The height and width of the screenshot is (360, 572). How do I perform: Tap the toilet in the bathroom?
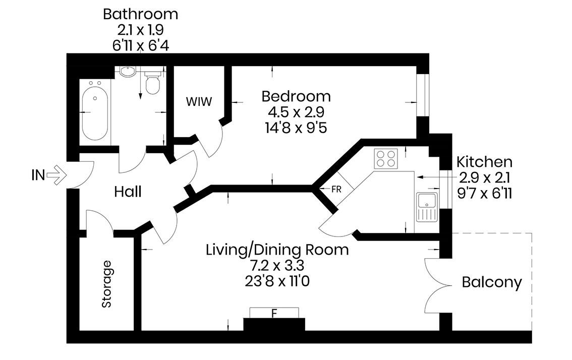(x=152, y=82)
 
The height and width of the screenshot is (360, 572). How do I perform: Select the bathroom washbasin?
(x=128, y=72)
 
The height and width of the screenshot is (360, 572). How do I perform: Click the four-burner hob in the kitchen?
(x=386, y=159)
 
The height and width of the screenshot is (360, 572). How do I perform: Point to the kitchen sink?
(x=427, y=207)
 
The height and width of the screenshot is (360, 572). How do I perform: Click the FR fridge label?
(x=336, y=189)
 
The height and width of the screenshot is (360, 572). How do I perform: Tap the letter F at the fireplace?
(x=274, y=313)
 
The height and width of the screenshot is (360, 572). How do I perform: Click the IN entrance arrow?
(x=57, y=175)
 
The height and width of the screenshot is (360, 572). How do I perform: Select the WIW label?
(x=199, y=101)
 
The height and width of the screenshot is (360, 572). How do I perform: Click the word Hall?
(x=128, y=192)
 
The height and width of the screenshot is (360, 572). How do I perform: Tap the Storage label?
(x=106, y=284)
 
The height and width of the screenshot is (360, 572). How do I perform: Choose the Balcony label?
(x=492, y=283)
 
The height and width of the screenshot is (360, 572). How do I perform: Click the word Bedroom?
(x=296, y=96)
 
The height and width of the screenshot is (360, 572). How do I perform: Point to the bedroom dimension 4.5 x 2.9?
(x=296, y=112)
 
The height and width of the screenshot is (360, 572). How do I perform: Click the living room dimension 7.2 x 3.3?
(x=277, y=265)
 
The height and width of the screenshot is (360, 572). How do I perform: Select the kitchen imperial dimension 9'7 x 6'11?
(x=484, y=193)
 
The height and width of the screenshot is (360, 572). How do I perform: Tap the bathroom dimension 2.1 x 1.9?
(x=140, y=30)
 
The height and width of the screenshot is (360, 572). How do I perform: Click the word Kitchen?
(x=484, y=161)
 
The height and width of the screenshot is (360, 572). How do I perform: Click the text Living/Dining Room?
(x=277, y=250)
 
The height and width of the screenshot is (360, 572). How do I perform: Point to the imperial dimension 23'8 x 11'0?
(x=277, y=281)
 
